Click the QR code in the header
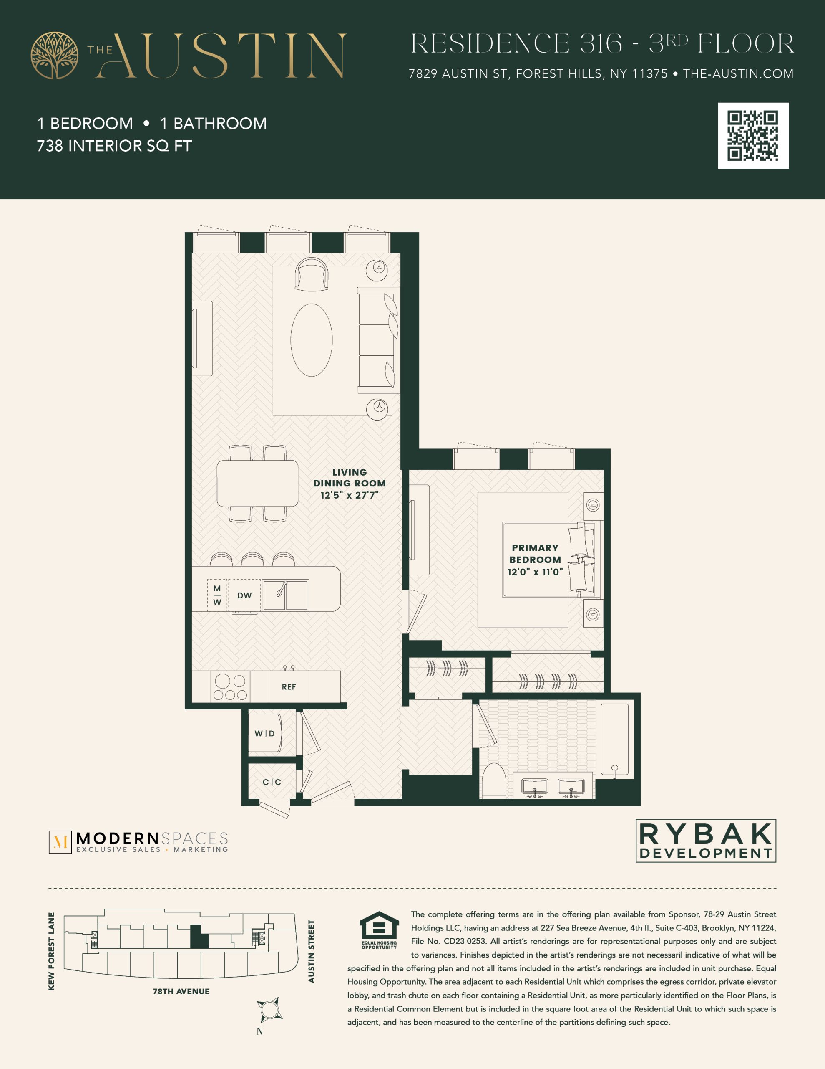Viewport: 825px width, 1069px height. (753, 136)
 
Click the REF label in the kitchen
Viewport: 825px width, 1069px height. (289, 687)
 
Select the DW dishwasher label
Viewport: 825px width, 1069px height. (244, 595)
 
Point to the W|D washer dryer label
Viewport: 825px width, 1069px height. (264, 733)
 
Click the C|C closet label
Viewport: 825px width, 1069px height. (272, 782)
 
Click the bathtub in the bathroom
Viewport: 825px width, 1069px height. (615, 740)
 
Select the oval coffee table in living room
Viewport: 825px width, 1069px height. (312, 339)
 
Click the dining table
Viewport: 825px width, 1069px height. (257, 483)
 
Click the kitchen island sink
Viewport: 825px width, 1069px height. (286, 595)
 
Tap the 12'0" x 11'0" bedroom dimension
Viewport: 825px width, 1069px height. (535, 572)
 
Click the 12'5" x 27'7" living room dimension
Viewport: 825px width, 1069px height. (349, 495)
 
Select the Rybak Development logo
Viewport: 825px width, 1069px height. (706, 841)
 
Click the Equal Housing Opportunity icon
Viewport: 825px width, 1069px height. (380, 930)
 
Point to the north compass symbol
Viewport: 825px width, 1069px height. (269, 1010)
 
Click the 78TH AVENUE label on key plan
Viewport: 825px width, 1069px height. (181, 991)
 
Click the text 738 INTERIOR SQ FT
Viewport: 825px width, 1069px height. (114, 146)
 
